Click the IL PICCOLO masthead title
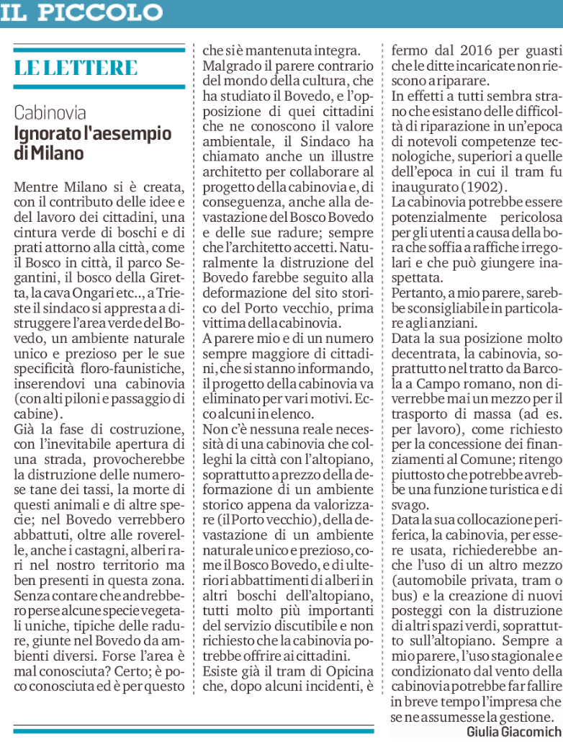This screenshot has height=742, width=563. point(81,12)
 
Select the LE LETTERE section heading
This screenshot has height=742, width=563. point(76,68)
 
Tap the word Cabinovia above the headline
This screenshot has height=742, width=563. point(50,113)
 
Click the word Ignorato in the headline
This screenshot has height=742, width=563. point(49,133)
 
